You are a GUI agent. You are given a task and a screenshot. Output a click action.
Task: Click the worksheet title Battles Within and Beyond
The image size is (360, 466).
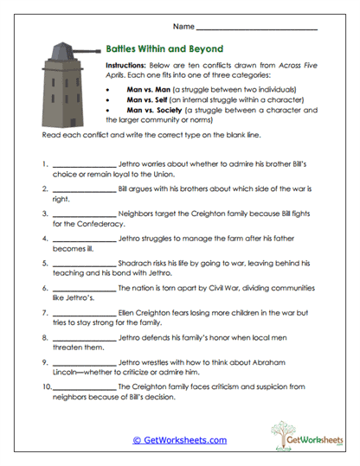tap(164, 48)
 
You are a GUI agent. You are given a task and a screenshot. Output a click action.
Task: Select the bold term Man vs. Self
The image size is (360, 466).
tap(148, 99)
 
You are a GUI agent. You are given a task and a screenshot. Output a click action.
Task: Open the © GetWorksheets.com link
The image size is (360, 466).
tap(179, 440)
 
